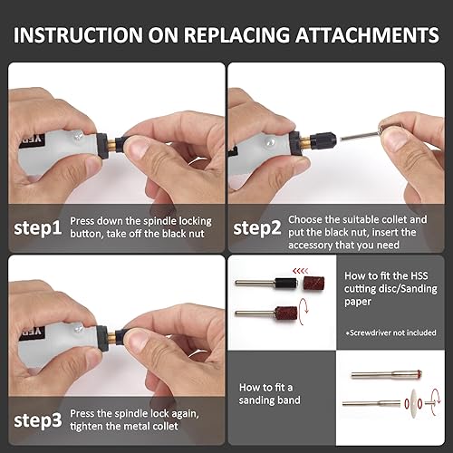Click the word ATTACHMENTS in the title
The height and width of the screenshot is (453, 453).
tap(367, 35)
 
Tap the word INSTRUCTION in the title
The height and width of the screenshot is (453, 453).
tap(78, 35)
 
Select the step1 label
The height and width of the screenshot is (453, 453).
tap(38, 228)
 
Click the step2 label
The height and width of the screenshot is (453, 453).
tap(257, 228)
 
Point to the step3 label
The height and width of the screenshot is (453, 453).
tap(38, 420)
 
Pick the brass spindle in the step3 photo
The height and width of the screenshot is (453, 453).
tap(112, 337)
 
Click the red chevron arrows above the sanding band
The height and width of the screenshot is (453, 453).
tap(301, 271)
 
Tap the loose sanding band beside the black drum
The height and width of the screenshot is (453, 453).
tap(313, 284)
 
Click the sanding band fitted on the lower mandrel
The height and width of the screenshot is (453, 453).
tap(286, 313)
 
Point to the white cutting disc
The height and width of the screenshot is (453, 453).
tap(412, 403)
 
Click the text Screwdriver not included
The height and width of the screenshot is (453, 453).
tap(392, 333)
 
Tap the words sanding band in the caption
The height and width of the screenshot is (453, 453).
tap(269, 400)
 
